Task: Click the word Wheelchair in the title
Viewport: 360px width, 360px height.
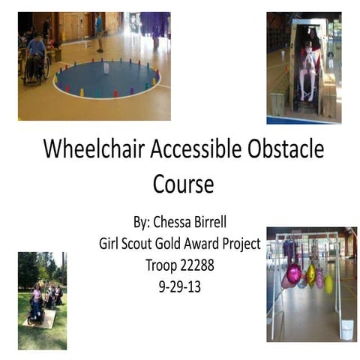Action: point(94,148)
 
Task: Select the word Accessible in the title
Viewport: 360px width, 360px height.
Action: point(196,148)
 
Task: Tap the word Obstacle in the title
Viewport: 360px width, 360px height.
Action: point(286,148)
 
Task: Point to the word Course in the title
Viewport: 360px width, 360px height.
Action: point(183,184)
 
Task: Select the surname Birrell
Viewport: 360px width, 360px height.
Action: point(208,222)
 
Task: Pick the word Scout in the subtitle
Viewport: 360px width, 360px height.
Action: point(137,244)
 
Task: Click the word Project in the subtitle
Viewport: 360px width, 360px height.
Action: point(241,244)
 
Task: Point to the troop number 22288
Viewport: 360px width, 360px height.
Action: point(197,265)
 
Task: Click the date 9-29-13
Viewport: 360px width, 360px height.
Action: point(180,286)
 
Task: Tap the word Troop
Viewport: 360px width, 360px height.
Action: point(161,265)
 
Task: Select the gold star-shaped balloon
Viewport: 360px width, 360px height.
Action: point(311,276)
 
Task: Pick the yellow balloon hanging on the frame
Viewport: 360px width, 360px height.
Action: point(329,283)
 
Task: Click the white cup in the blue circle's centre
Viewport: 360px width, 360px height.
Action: point(106,68)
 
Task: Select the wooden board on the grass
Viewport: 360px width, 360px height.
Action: point(39,318)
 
